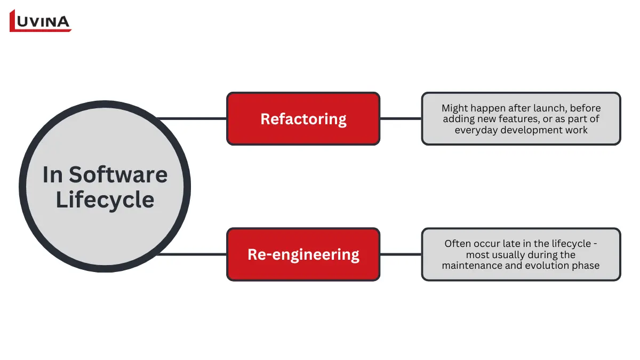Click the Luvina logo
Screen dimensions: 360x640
coord(40,21)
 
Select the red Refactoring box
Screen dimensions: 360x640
coord(303,118)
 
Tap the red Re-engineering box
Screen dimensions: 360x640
coord(303,254)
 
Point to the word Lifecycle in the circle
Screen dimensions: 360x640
coord(105,200)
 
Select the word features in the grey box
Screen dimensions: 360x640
coord(516,119)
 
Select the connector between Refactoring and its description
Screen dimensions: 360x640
coord(401,118)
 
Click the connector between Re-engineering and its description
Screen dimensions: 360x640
coord(401,254)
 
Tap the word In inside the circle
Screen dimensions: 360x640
coord(52,175)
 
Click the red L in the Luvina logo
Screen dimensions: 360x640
coord(15,21)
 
